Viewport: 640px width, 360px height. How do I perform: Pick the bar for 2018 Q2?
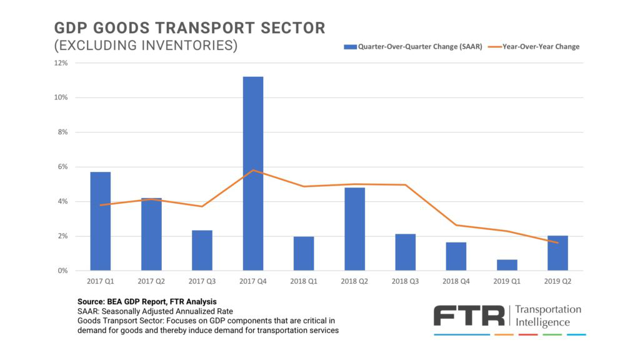(x=354, y=229)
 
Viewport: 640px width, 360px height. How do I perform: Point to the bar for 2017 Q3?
(x=202, y=250)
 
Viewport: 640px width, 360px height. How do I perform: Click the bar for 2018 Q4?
(x=456, y=256)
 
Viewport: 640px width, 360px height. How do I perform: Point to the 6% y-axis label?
(x=62, y=167)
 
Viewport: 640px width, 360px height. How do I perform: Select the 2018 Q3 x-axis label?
(x=405, y=281)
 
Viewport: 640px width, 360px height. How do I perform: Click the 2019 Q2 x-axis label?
(x=557, y=281)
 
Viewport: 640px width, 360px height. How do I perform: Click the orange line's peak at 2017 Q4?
(x=253, y=170)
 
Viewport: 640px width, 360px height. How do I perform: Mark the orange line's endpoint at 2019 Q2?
(x=557, y=242)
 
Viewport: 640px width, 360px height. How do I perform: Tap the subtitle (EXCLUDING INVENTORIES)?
(x=146, y=46)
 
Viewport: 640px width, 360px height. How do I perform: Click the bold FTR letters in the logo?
(x=469, y=316)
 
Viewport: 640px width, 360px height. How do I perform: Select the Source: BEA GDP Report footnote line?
(x=147, y=301)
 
